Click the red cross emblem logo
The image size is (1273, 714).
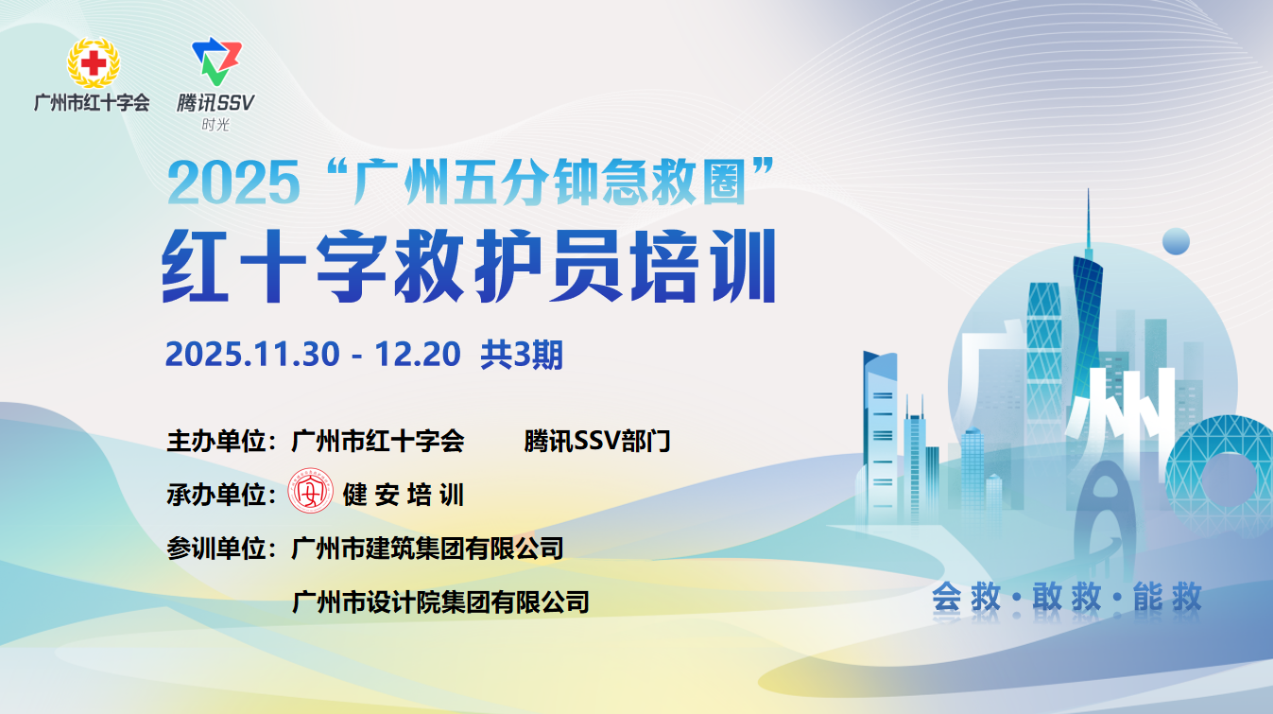tap(94, 62)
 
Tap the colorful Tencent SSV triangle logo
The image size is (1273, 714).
tap(216, 61)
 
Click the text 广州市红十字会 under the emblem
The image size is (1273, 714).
tap(92, 103)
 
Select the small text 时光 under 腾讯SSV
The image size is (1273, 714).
tap(215, 125)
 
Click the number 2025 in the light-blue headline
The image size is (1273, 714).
tap(233, 183)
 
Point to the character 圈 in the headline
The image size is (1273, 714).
tap(724, 182)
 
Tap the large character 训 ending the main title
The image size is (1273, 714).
tap(744, 266)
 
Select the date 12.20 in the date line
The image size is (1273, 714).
tap(418, 354)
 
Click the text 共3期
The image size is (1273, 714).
tap(522, 355)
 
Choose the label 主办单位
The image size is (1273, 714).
tap(216, 441)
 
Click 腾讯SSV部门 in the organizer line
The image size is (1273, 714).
tap(597, 441)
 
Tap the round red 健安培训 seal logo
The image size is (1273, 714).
tap(311, 491)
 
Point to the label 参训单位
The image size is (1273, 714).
tap(216, 549)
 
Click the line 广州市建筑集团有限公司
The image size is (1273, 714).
tap(427, 549)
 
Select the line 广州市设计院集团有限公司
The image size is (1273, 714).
tap(440, 602)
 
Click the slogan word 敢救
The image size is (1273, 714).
tap(1067, 597)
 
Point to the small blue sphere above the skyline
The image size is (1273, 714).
tap(1176, 241)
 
